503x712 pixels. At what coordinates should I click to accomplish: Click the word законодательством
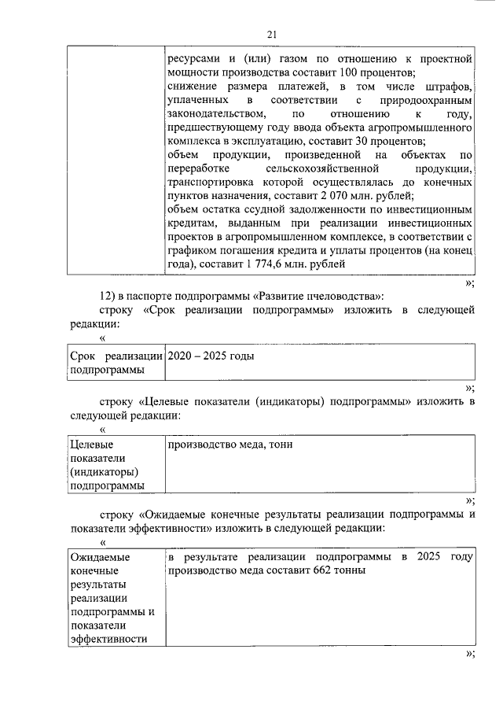click(213, 114)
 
